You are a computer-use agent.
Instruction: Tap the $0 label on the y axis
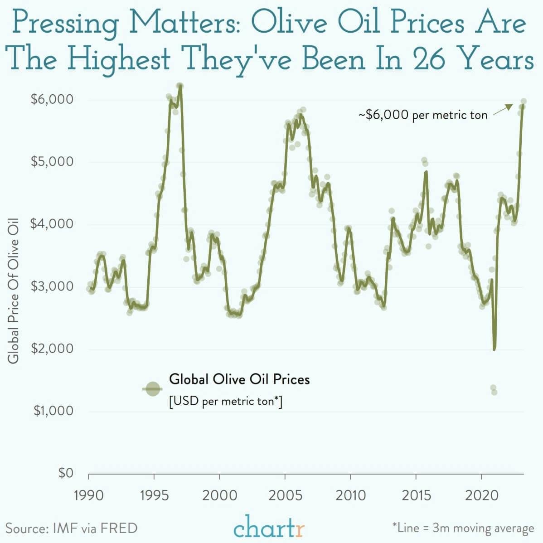point(66,473)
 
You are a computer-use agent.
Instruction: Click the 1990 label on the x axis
point(88,495)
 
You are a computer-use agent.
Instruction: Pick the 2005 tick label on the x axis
point(285,495)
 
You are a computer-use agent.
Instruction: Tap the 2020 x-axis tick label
point(481,495)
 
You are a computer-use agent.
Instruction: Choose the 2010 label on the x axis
point(350,495)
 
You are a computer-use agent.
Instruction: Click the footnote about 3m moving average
point(463,528)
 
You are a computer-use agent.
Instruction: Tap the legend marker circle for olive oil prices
point(153,388)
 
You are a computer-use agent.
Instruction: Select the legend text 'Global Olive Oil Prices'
point(239,379)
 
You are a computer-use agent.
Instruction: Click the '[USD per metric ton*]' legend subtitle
point(225,401)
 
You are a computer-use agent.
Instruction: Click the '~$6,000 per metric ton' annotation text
point(422,115)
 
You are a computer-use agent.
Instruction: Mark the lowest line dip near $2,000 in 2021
point(494,349)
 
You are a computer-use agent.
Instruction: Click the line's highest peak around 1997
point(180,86)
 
